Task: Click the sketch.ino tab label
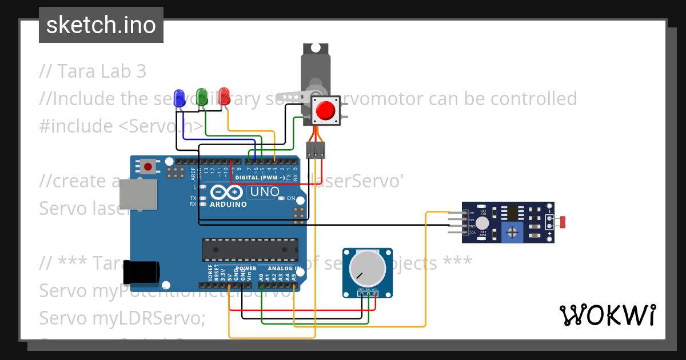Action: point(101,25)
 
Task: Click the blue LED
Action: point(180,96)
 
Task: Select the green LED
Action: point(201,95)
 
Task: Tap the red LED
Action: point(224,95)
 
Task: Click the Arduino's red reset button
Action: point(149,167)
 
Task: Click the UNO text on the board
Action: point(264,192)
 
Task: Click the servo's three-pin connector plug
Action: point(315,150)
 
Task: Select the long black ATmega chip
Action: point(250,249)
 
